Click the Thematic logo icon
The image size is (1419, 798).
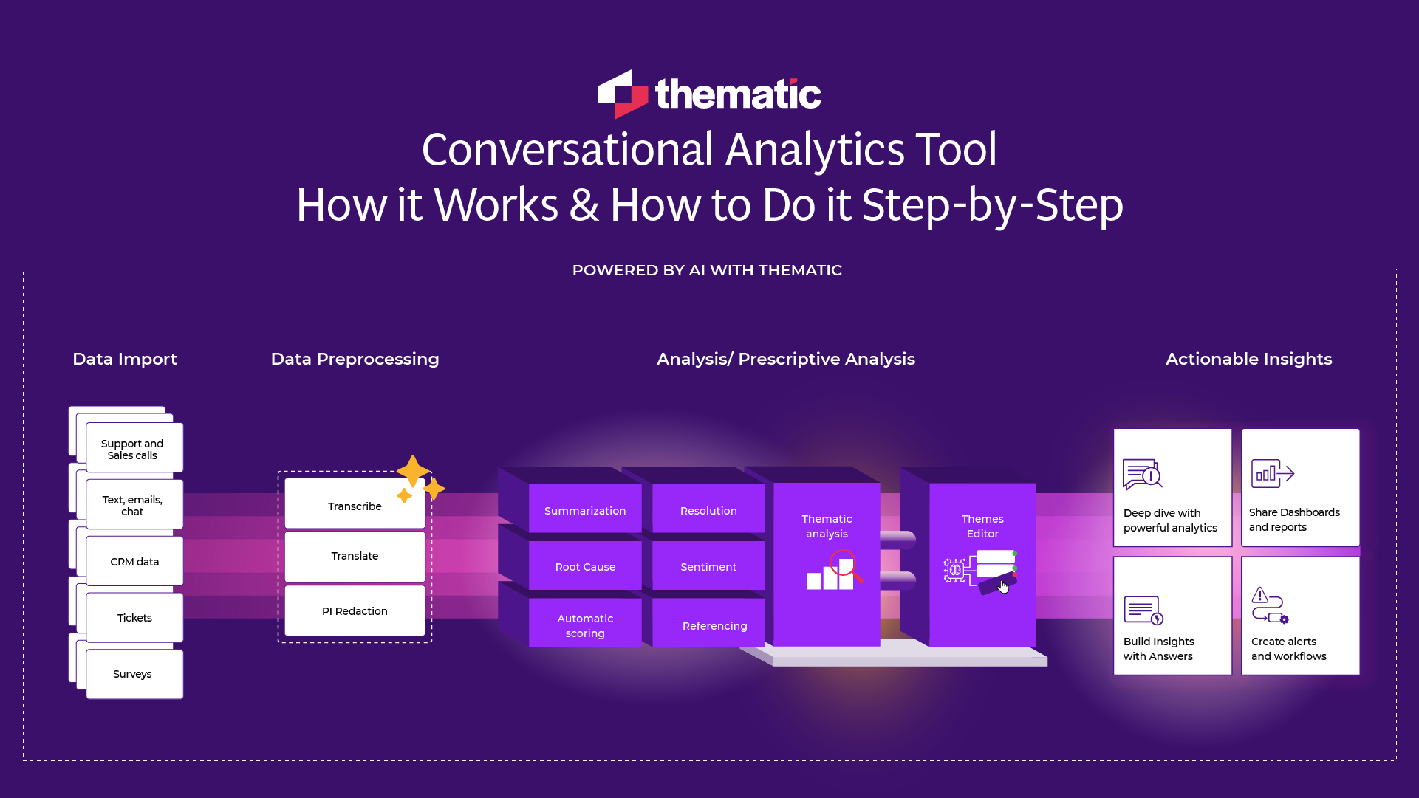pyautogui.click(x=622, y=94)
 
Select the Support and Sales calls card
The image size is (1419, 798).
pyautogui.click(x=134, y=448)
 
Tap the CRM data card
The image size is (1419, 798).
pyautogui.click(x=134, y=562)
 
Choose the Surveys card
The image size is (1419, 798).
pyautogui.click(x=134, y=674)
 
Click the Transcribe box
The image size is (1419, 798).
pyautogui.click(x=355, y=506)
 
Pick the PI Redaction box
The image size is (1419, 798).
pyautogui.click(x=355, y=611)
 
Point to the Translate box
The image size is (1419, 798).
pyautogui.click(x=355, y=556)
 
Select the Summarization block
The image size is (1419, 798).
pyautogui.click(x=585, y=510)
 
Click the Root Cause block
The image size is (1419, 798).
pyautogui.click(x=585, y=567)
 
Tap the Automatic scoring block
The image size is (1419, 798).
pyautogui.click(x=585, y=625)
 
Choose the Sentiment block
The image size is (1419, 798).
pyautogui.click(x=708, y=567)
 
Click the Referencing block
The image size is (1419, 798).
pyautogui.click(x=714, y=626)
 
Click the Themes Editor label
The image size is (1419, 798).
pyautogui.click(x=982, y=526)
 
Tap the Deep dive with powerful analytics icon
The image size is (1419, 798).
pyautogui.click(x=1142, y=475)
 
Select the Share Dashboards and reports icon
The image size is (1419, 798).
pyautogui.click(x=1272, y=474)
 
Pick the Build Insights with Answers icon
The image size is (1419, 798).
pyautogui.click(x=1143, y=610)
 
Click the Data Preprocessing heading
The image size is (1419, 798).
pyautogui.click(x=355, y=359)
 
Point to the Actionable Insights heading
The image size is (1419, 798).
pyautogui.click(x=1248, y=359)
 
